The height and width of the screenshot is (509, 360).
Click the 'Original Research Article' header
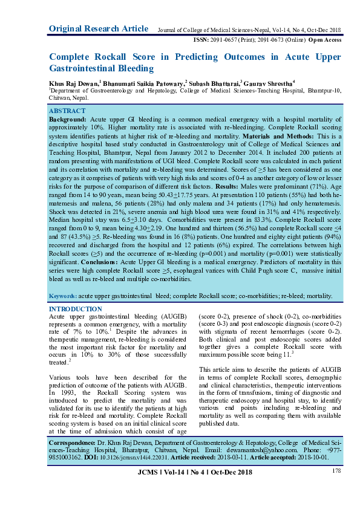click(98, 28)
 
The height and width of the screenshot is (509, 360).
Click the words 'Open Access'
click(326, 40)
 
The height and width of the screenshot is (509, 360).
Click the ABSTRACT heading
click(67, 112)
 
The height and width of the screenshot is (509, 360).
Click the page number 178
click(336, 470)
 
